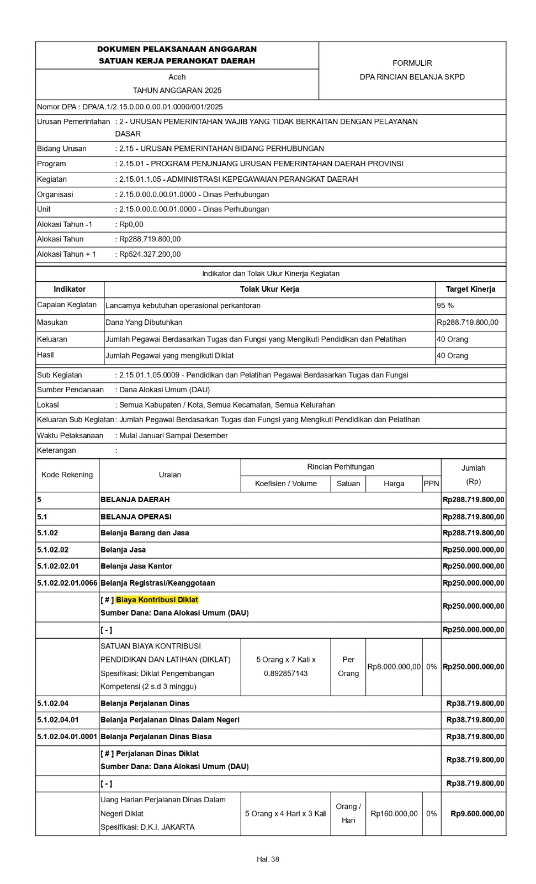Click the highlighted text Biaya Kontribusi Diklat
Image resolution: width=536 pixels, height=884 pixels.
(157, 599)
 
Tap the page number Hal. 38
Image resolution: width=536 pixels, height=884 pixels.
(268, 859)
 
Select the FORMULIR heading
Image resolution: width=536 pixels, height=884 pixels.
(412, 63)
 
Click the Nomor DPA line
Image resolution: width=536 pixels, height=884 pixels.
(130, 107)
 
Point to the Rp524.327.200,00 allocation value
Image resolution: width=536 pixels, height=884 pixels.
(150, 254)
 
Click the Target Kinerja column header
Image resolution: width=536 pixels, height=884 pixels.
(470, 289)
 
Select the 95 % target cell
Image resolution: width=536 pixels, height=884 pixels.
(445, 306)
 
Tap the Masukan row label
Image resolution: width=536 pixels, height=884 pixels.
(52, 322)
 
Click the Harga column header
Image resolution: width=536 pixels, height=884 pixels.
(394, 483)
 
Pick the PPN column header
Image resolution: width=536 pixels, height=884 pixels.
(431, 483)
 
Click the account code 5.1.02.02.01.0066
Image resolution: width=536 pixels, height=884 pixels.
(67, 583)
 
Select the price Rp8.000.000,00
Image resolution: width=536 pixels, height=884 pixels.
(394, 667)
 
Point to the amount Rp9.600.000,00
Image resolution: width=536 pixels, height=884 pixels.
(477, 813)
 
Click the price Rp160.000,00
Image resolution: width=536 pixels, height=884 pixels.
(394, 813)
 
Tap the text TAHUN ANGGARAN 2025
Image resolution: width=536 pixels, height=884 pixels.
(177, 90)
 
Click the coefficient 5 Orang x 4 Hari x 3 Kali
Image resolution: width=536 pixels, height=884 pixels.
(285, 813)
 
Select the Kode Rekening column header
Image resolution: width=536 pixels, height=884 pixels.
(67, 475)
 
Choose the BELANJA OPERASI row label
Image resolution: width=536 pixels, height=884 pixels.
(136, 517)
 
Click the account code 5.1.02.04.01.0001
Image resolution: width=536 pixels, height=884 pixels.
(67, 736)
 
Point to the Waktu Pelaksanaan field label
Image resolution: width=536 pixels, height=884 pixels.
(70, 435)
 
